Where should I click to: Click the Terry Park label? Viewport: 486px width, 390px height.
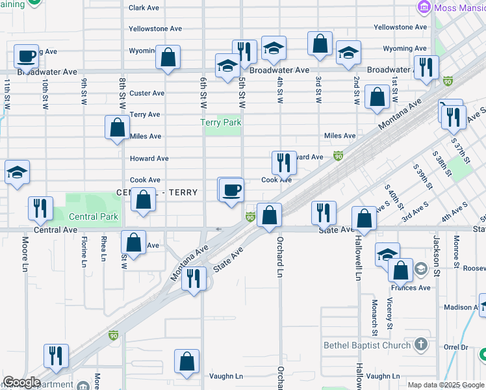pyautogui.click(x=221, y=122)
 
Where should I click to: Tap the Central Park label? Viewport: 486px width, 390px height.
pyautogui.click(x=93, y=216)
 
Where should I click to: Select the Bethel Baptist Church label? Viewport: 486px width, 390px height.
pyautogui.click(x=367, y=345)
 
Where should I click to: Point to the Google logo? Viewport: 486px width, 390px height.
pyautogui.click(x=21, y=382)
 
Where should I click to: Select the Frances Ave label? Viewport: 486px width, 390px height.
pyautogui.click(x=411, y=287)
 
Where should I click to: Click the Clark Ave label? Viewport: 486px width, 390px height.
pyautogui.click(x=144, y=8)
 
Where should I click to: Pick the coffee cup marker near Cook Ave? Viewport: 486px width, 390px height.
pyautogui.click(x=231, y=190)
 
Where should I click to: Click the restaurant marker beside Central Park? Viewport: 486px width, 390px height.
pyautogui.click(x=41, y=208)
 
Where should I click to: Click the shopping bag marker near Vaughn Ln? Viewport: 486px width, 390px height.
pyautogui.click(x=186, y=362)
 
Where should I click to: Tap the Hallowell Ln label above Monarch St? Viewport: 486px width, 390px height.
pyautogui.click(x=358, y=258)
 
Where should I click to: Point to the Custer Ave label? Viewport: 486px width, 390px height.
pyautogui.click(x=147, y=93)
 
